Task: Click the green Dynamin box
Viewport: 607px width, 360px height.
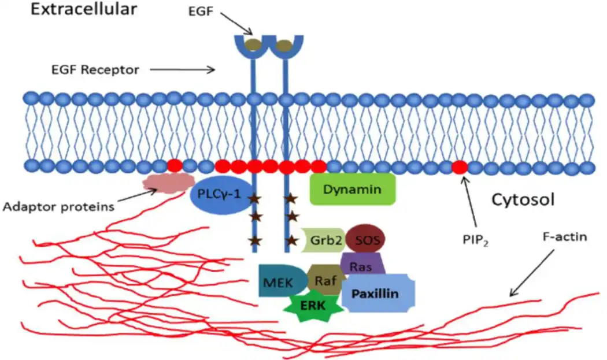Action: point(353,189)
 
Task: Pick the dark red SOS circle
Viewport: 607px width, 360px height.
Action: point(365,238)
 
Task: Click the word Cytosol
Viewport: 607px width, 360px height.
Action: point(523,200)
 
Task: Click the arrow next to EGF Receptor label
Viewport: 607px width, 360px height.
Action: point(182,70)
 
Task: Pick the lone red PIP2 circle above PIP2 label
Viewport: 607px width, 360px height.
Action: point(460,167)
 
